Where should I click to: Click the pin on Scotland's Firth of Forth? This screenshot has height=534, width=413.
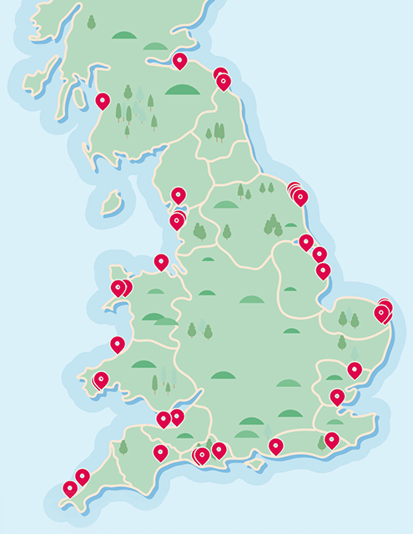[180, 60]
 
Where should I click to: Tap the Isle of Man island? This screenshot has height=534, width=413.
[111, 203]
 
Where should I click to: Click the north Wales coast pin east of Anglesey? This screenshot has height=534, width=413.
[161, 262]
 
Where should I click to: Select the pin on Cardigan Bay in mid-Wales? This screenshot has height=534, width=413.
[118, 344]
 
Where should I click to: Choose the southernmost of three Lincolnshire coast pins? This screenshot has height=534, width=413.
[323, 270]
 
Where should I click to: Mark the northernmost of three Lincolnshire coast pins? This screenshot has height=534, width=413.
[306, 242]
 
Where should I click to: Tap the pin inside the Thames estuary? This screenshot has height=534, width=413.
[337, 396]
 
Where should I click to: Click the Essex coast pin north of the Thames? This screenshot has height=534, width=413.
[355, 370]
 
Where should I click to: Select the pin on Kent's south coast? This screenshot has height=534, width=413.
[332, 440]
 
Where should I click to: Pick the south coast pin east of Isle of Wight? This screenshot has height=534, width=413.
[275, 446]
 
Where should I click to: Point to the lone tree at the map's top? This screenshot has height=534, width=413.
[91, 23]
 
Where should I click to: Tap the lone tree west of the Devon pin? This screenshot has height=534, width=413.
[123, 447]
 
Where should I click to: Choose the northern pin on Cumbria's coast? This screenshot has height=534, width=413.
[179, 195]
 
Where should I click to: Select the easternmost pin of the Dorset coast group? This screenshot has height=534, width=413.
[219, 451]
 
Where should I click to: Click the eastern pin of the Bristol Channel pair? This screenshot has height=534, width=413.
[177, 416]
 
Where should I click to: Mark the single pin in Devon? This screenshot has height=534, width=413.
[160, 453]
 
